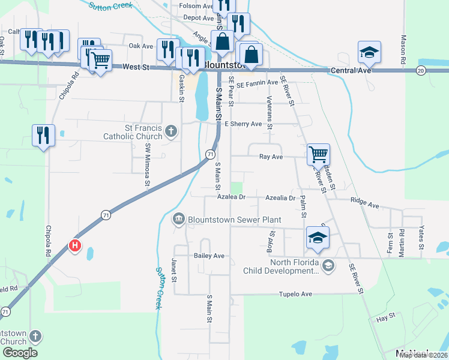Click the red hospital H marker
75,246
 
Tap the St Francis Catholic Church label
136,132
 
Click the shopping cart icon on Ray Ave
318,154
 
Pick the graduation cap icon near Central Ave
370,52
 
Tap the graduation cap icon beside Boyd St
318,238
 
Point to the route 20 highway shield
421,71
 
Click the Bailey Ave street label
208,256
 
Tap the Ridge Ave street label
365,205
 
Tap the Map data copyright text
423,355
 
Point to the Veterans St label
270,113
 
